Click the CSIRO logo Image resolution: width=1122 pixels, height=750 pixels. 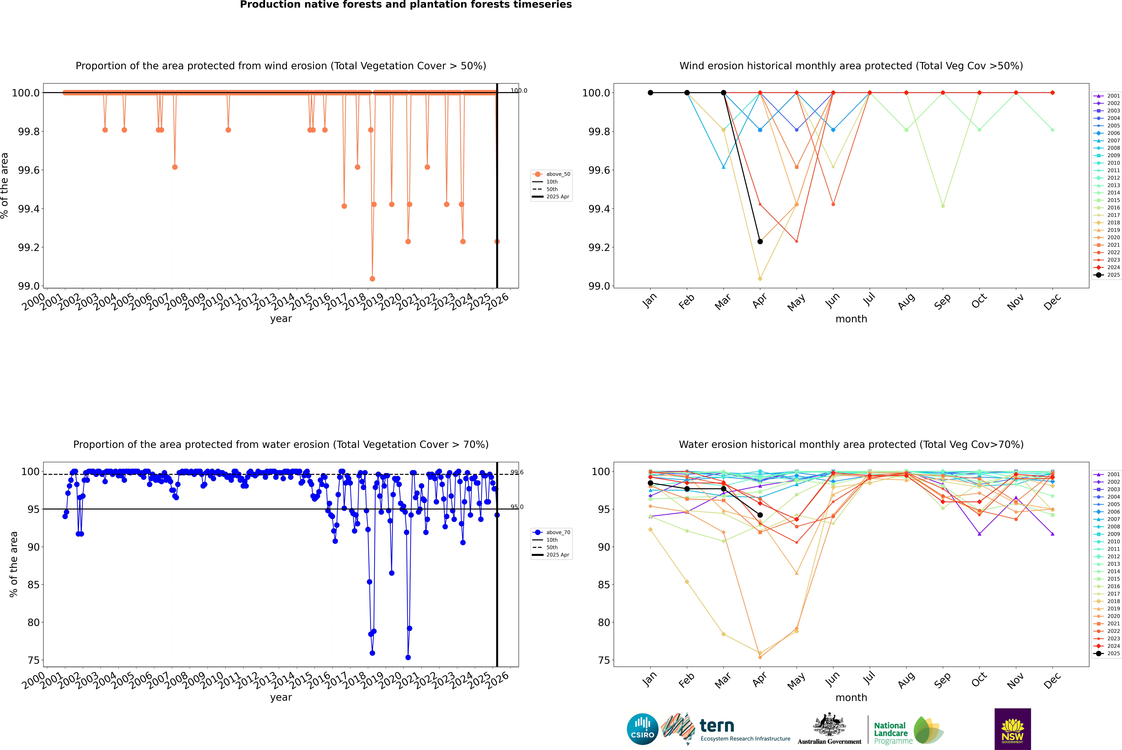(x=642, y=729)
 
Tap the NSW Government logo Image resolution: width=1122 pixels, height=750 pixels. (x=1012, y=729)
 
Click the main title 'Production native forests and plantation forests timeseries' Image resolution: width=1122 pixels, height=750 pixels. (x=406, y=5)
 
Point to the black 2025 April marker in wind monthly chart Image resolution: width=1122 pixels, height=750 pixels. (x=760, y=242)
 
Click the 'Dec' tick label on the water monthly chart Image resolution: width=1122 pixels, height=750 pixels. (x=1052, y=680)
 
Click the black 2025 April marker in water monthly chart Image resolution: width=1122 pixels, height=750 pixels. (x=760, y=515)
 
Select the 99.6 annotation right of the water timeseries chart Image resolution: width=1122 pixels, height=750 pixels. (x=517, y=473)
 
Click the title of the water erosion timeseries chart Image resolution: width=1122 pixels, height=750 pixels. (x=281, y=444)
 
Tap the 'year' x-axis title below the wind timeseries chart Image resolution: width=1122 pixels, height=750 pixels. (x=281, y=319)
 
